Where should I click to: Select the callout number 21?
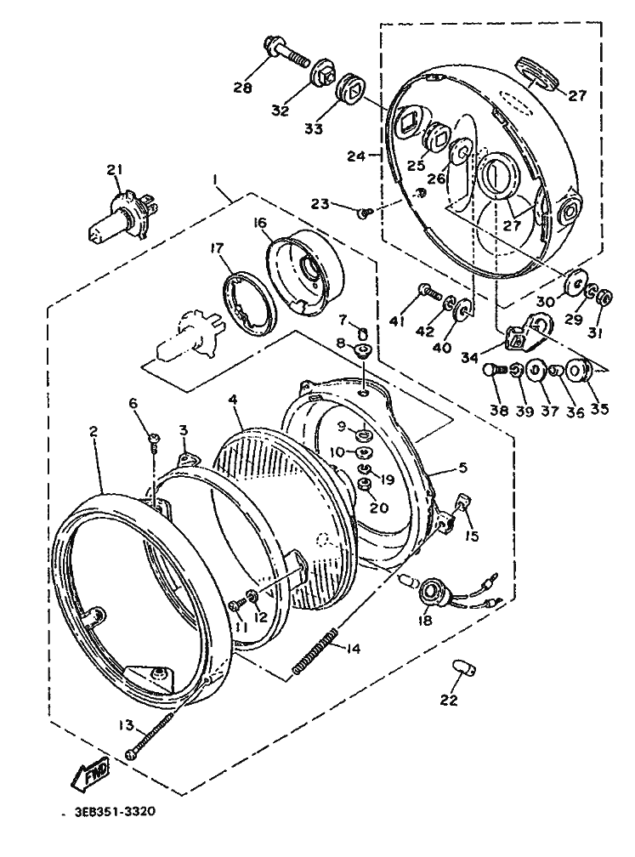point(114,170)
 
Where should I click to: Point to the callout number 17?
point(218,248)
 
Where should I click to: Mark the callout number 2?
point(93,431)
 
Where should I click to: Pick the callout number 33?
point(313,129)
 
